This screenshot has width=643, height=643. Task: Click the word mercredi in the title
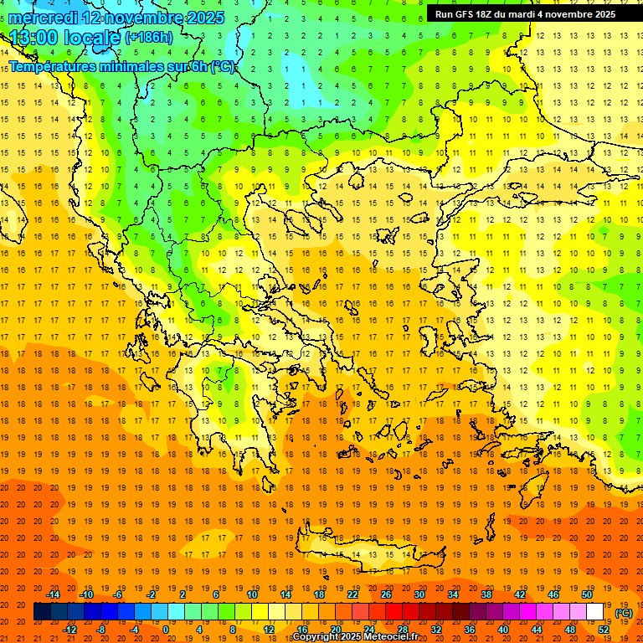43,18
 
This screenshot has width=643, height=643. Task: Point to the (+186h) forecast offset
148,38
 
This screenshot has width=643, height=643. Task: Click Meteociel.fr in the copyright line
388,637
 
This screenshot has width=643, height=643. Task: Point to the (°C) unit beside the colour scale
624,613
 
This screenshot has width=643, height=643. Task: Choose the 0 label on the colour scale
166,630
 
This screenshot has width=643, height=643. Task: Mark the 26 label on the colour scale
386,594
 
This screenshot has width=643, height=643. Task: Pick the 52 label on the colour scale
604,630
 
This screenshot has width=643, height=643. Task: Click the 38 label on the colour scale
486,594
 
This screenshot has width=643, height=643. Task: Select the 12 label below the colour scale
269,630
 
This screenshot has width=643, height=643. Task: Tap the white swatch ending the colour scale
595,612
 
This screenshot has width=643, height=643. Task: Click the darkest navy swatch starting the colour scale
42,612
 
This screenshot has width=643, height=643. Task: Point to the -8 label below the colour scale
100,630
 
